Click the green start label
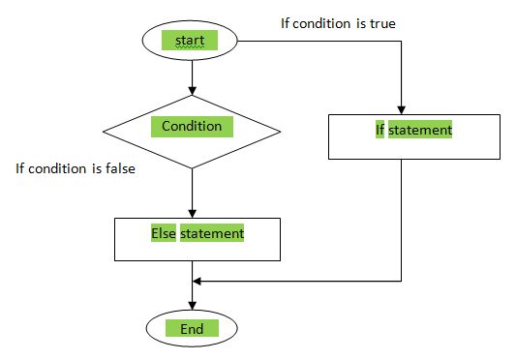click(192, 40)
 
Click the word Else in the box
click(162, 233)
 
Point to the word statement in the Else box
click(211, 233)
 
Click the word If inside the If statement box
click(380, 129)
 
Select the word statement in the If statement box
click(421, 129)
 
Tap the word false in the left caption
click(117, 168)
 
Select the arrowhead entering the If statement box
click(401, 110)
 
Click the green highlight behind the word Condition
click(192, 126)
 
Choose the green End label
click(192, 329)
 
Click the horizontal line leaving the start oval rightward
click(310, 41)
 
